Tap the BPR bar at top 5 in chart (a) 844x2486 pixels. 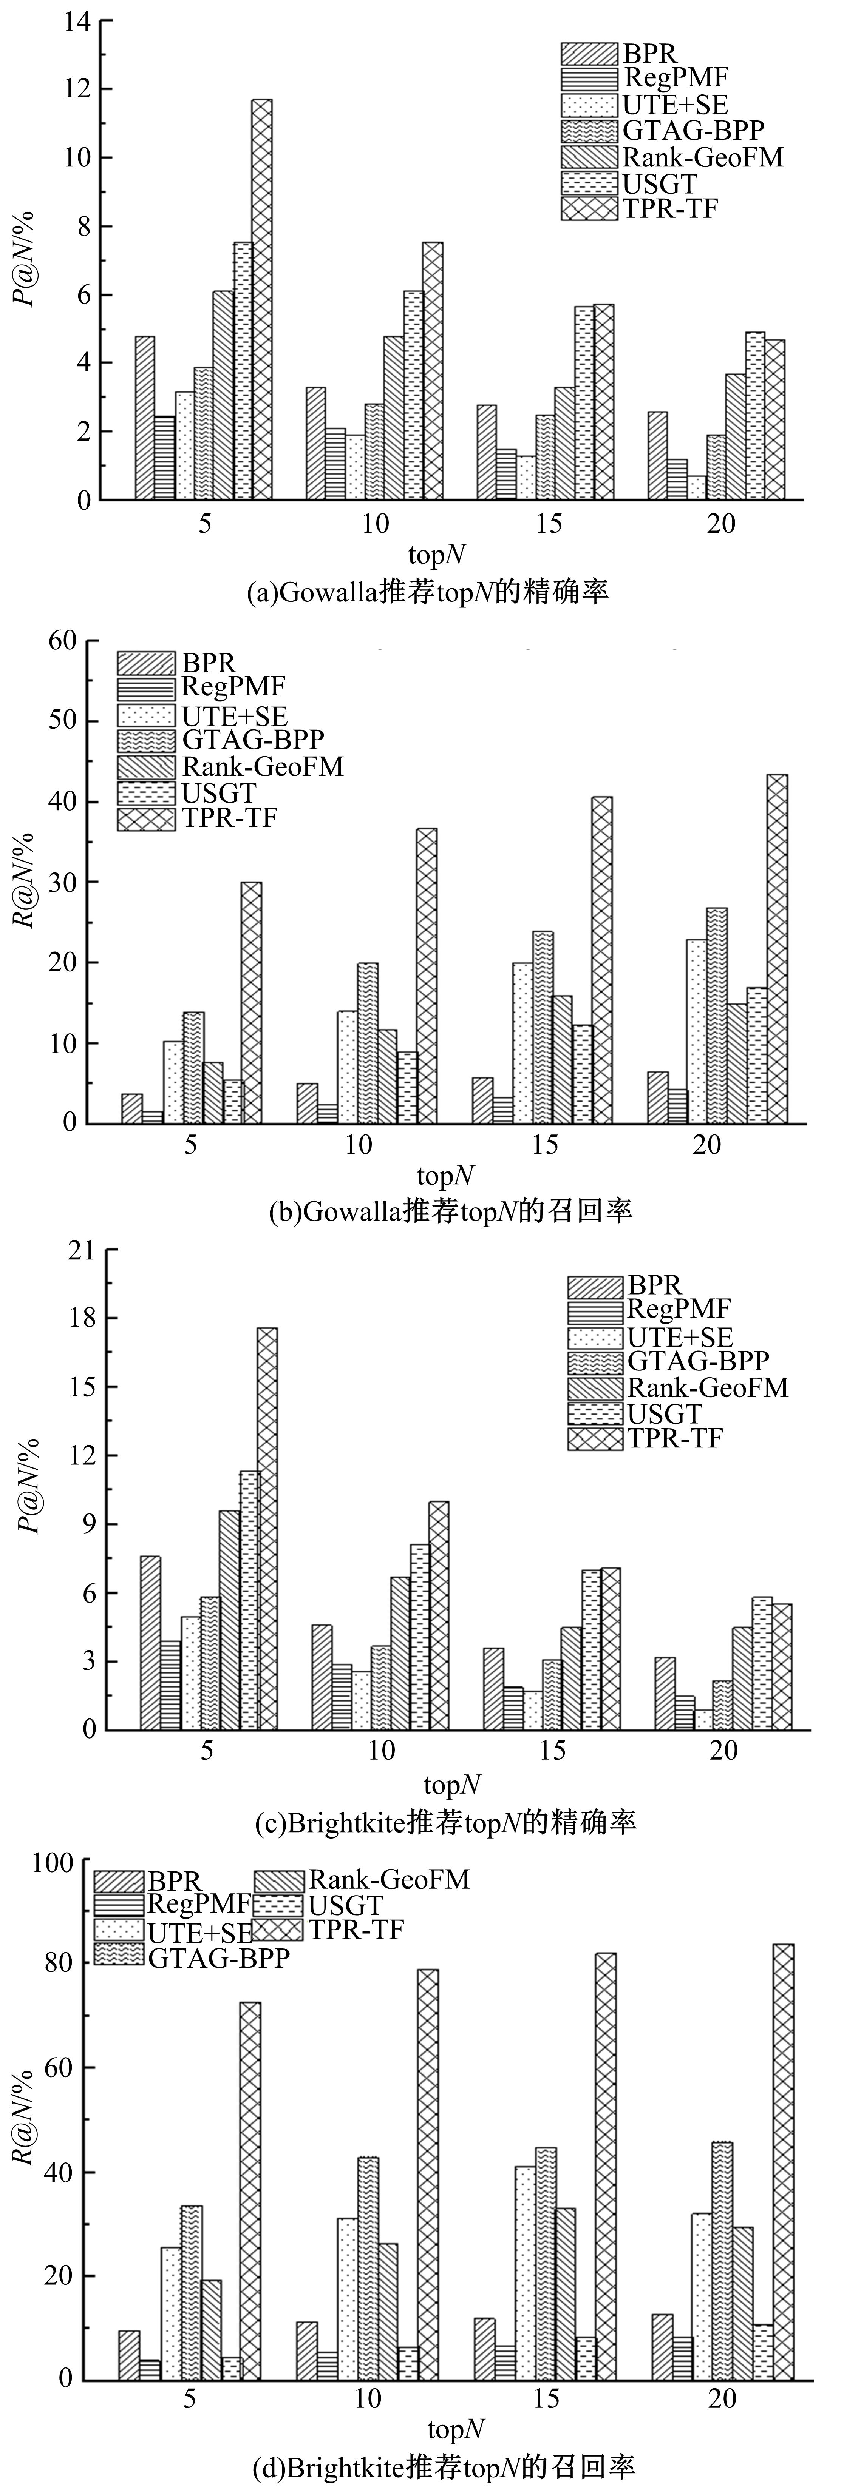pyautogui.click(x=145, y=418)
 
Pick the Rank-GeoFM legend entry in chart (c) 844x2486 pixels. pyautogui.click(x=676, y=1388)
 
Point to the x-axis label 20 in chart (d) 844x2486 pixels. pyautogui.click(x=722, y=2398)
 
